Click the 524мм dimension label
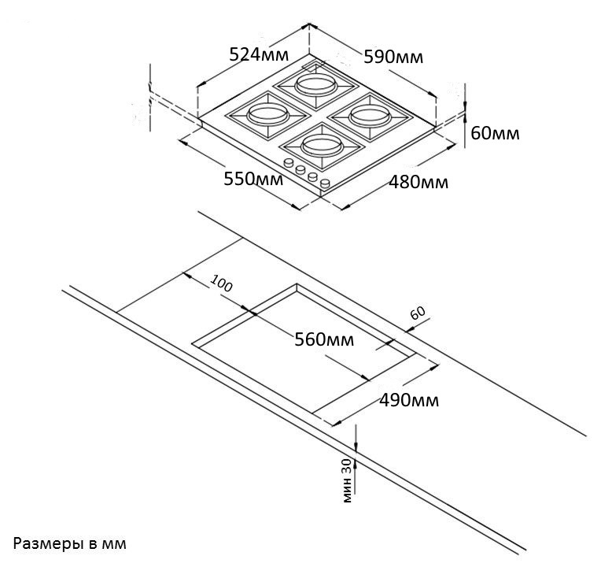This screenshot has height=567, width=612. pos(259,55)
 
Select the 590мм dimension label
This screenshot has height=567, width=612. pos(393,57)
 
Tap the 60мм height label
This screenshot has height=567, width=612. pos(495,133)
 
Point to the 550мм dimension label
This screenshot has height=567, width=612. pos(253,180)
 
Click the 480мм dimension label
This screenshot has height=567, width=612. pos(418,183)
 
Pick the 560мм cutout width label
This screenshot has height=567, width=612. pos(324,340)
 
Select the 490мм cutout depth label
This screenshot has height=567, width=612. pos(409,400)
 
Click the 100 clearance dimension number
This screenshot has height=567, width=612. pos(223,284)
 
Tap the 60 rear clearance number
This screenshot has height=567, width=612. pos(417,313)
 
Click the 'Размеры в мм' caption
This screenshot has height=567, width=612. pos(69,543)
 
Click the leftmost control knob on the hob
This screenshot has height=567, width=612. pos(289,163)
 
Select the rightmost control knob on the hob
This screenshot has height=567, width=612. pos(324,184)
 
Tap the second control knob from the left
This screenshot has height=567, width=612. pos(300,170)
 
